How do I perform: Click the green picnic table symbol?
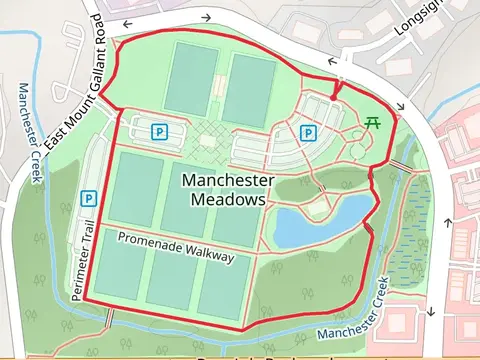click(373, 122)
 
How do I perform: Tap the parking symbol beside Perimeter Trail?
click(89, 198)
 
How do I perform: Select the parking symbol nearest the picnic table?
click(309, 132)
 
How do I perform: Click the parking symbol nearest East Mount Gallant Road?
click(158, 130)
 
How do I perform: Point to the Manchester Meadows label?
click(228, 188)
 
